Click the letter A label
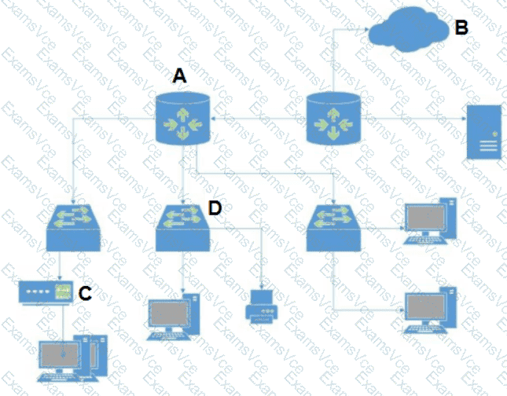coord(179,76)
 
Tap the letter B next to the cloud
coord(461,27)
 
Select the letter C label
coord(86,292)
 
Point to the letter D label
coord(214,207)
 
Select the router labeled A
coord(182,119)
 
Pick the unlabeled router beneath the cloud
coord(334,119)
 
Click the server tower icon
coord(484,131)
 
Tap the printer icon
coord(263,306)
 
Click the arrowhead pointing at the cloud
coord(366,30)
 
